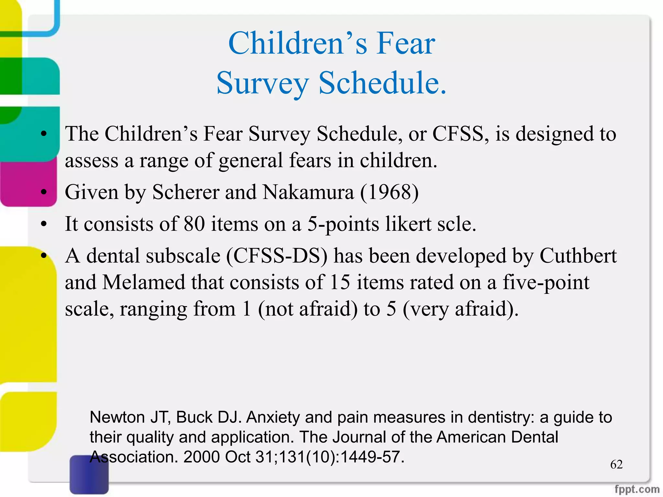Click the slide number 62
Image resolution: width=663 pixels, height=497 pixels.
(616, 464)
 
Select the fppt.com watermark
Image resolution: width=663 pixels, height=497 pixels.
(637, 489)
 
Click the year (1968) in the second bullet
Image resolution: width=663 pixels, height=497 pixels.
(389, 192)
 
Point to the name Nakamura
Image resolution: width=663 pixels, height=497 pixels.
(308, 192)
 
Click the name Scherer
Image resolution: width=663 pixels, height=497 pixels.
(186, 192)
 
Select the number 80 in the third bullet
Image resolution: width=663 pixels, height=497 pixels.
(194, 224)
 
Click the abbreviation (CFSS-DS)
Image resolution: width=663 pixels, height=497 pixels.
(277, 256)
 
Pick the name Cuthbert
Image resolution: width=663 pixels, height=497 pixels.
(578, 256)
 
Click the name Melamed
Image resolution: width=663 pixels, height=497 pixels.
(144, 282)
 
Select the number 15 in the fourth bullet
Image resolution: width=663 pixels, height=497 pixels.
(340, 282)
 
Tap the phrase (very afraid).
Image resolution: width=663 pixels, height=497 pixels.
(461, 309)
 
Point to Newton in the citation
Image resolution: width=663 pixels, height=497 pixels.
(117, 417)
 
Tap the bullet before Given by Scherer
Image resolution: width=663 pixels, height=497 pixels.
(44, 192)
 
